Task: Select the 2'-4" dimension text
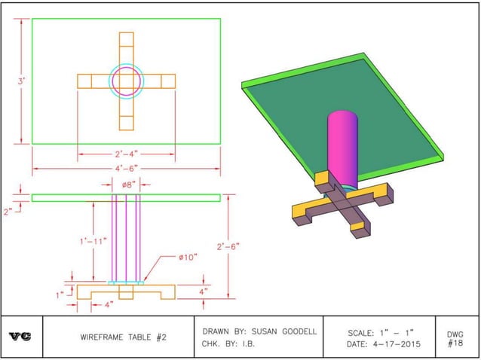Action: [x=125, y=155]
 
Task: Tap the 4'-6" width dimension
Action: [x=125, y=168]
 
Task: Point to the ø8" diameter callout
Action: [x=126, y=183]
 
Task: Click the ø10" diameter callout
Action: [x=188, y=257]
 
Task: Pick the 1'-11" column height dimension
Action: [x=94, y=241]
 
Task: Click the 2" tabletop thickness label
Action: [x=9, y=212]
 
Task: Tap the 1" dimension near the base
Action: [x=60, y=294]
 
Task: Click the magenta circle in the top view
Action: [x=126, y=81]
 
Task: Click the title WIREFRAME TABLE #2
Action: [x=123, y=337]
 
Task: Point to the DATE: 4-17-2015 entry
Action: [x=384, y=344]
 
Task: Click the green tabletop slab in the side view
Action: [x=126, y=198]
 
